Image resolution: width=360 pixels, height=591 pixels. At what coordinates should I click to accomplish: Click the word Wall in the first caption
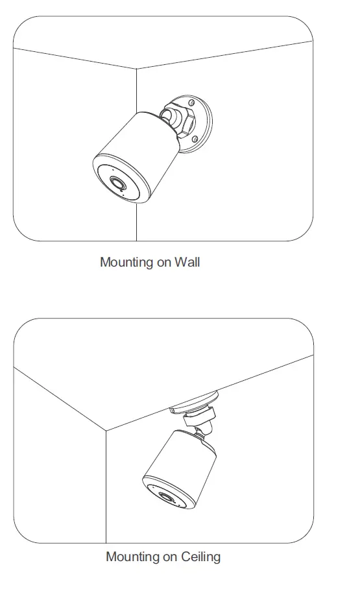click(187, 263)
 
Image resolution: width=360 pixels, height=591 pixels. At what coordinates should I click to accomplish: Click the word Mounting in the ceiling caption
click(132, 557)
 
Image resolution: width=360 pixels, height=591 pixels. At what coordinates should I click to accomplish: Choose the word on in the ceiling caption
click(170, 557)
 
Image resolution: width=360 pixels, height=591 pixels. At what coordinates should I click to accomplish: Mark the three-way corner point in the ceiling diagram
click(106, 430)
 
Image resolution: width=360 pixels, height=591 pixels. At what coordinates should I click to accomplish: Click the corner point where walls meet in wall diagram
click(137, 67)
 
